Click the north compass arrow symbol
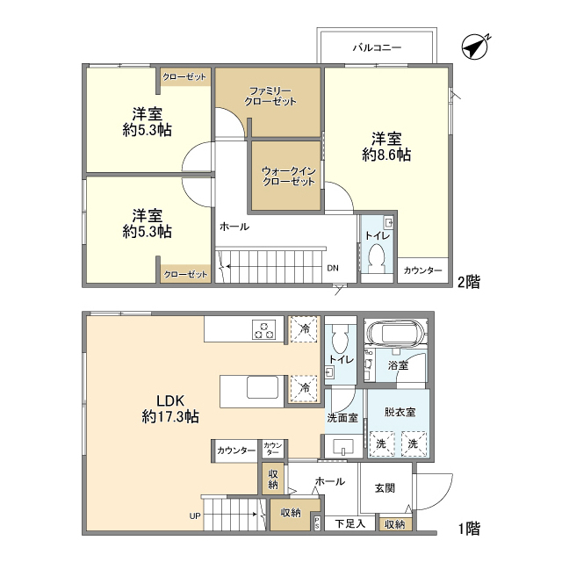pos(475,47)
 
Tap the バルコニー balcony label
pos(377,47)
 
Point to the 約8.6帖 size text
pos(386,155)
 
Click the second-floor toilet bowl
pos(378,256)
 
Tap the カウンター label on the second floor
pos(422,270)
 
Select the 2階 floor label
pos(467,282)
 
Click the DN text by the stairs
pos(332,269)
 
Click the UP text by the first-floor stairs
pos(194,515)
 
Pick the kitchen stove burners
pos(264,330)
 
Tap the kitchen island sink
pos(261,388)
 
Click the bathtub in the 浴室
pos(396,335)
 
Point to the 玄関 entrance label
pos(385,488)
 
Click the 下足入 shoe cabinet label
pos(350,524)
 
